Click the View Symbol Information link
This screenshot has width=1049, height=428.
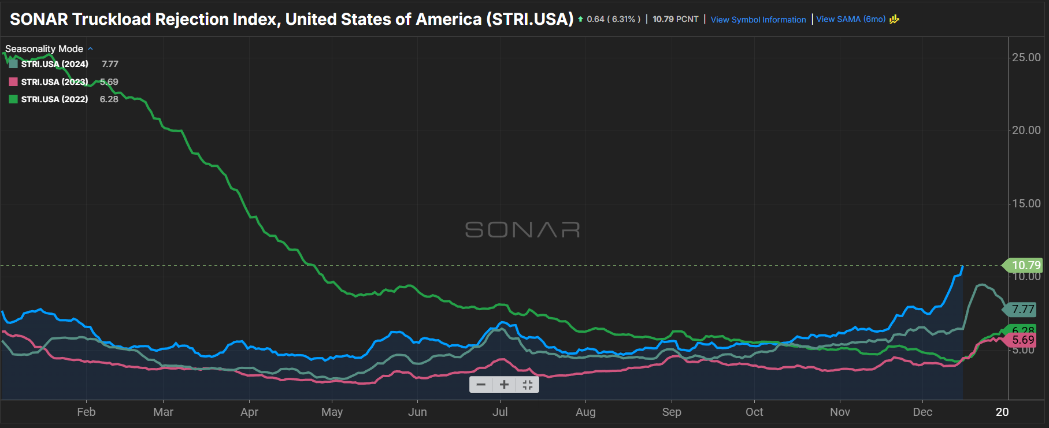[x=758, y=20]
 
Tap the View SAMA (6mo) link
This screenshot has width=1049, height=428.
[x=851, y=19]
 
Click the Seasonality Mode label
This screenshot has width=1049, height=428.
[x=45, y=49]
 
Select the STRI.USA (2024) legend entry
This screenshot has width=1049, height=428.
[x=54, y=64]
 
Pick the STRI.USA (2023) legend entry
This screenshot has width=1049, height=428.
[x=54, y=82]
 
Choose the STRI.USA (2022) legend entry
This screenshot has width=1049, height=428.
[x=54, y=99]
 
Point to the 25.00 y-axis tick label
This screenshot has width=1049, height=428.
[x=1026, y=57]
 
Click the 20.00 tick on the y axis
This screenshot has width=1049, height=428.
[x=1026, y=130]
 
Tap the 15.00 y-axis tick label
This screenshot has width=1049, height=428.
[x=1026, y=203]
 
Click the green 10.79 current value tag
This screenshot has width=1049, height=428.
[x=1025, y=265]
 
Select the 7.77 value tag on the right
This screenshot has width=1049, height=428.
[x=1023, y=310]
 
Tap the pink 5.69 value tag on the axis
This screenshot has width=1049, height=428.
[x=1023, y=340]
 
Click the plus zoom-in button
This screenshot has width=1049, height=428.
[x=504, y=385]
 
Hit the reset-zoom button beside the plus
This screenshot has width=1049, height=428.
[x=527, y=385]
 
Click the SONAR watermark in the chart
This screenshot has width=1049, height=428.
[x=522, y=230]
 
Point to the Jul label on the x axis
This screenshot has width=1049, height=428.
[x=500, y=412]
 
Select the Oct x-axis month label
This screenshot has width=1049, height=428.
[x=754, y=412]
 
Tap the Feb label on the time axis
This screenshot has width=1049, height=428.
[x=86, y=412]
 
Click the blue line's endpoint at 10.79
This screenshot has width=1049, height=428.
[x=962, y=266]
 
